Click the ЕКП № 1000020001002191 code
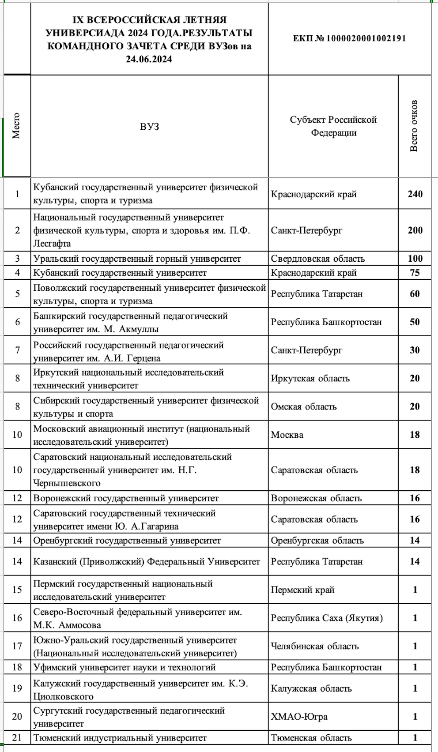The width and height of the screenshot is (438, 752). pos(349,38)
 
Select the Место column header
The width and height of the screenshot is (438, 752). pos(16,126)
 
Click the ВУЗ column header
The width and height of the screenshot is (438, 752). pos(149,127)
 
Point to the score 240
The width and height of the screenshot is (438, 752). pos(415,194)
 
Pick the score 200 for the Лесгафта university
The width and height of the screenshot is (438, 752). pos(415,230)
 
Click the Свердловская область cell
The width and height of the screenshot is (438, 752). pos(318,259)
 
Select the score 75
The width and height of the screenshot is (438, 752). pos(415,273)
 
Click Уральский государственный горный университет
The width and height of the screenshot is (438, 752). pos(137,259)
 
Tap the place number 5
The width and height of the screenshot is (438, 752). pos(17,294)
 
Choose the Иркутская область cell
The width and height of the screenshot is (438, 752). pos(310,378)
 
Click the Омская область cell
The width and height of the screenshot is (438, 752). pos(304,406)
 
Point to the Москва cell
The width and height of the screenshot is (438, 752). pos(287,435)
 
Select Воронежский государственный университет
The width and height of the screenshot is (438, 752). pos(126,498)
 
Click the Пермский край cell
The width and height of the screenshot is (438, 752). pos(302,590)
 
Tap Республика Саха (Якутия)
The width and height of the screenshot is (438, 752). pos(327,618)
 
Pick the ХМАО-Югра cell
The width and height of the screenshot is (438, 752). pos(299,716)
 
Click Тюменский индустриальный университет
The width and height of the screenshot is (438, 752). pos(120,737)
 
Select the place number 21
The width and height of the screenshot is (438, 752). pos(17,737)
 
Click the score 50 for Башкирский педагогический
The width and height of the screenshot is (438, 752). pos(415,322)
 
